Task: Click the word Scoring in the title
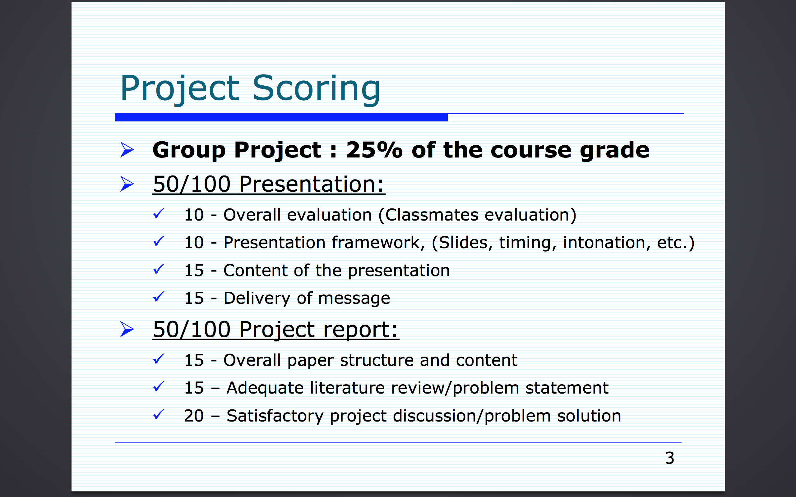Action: (316, 89)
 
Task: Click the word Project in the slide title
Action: (180, 89)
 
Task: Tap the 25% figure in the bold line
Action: (374, 150)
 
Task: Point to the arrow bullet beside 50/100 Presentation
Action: (127, 184)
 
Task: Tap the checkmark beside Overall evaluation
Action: (159, 214)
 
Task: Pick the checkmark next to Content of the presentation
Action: (159, 269)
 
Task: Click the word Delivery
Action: (257, 299)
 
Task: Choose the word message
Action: (354, 299)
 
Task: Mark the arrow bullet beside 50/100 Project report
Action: (127, 329)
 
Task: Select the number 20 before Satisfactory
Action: (194, 416)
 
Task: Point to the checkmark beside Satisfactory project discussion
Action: (159, 414)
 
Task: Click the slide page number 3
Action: (669, 458)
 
